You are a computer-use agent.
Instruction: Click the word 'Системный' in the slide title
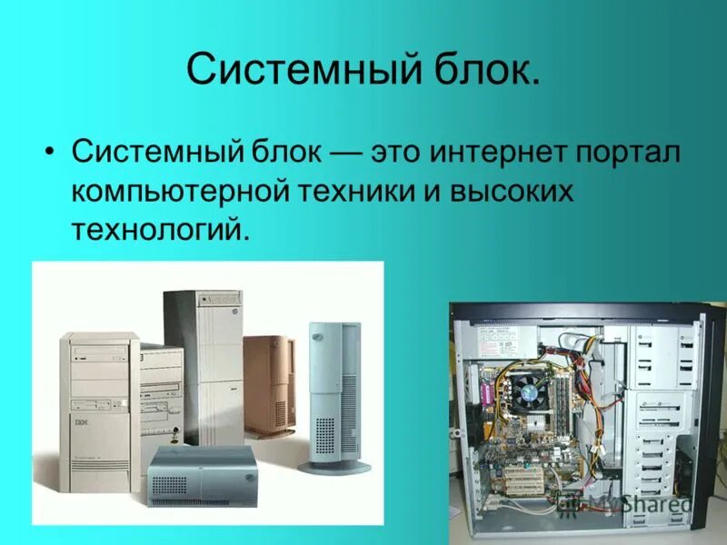pyautogui.click(x=291, y=71)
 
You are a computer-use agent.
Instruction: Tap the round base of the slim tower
pyautogui.click(x=336, y=466)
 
